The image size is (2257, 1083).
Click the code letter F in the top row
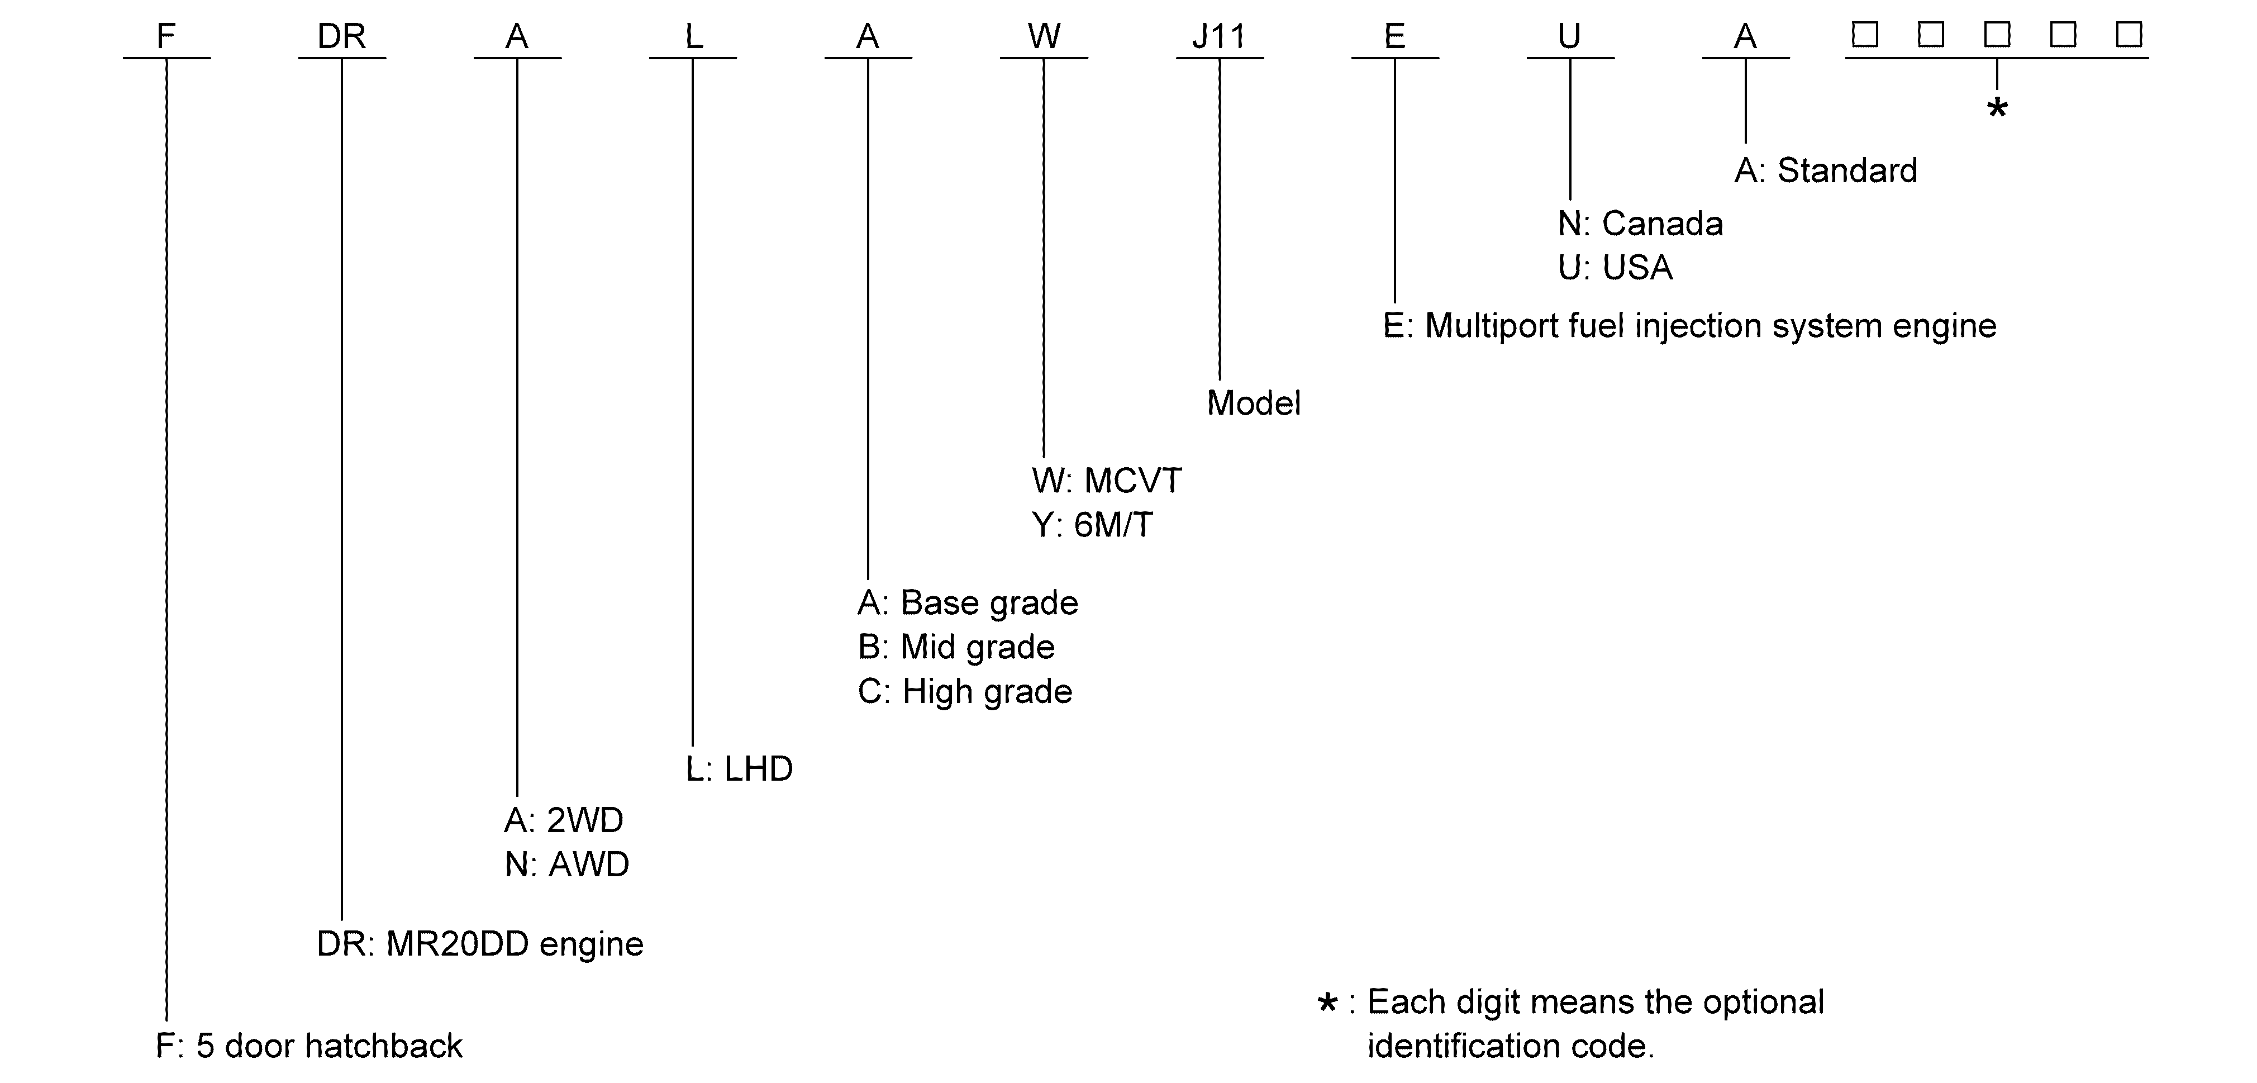pos(166,36)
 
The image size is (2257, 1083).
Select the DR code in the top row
pos(342,36)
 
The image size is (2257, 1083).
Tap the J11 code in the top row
pos(1219,36)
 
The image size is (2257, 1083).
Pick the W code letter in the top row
pos(1044,36)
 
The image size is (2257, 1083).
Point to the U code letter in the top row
pos(1569,36)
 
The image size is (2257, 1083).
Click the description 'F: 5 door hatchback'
pos(308,1046)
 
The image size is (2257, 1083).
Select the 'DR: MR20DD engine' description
pos(480,944)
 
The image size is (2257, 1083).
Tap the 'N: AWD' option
pos(567,865)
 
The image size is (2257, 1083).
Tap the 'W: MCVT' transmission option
pos(1107,480)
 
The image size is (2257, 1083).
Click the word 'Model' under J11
pos(1254,403)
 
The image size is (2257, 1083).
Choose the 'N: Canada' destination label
pos(1641,224)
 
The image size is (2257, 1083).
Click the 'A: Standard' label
pos(1826,170)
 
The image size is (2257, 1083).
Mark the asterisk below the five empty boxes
pos(1997,108)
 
